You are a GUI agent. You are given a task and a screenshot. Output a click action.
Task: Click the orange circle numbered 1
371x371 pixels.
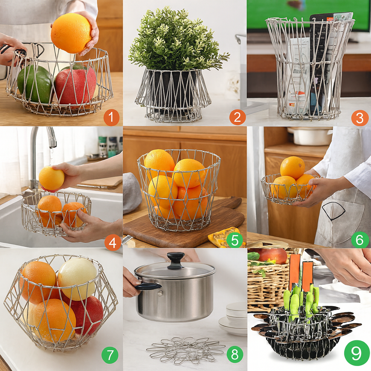pos(111,118)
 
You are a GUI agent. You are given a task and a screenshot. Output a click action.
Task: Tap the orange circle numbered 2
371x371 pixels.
pos(237,118)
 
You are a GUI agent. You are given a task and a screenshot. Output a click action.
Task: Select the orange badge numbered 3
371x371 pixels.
pos(360,118)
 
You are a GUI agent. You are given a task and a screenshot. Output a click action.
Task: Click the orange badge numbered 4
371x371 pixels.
pos(113,243)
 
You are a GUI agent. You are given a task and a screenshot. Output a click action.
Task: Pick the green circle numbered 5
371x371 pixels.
pos(235,240)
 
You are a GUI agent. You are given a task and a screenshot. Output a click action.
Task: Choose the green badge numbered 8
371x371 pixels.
pos(235,355)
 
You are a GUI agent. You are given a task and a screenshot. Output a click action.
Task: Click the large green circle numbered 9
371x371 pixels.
pos(357,353)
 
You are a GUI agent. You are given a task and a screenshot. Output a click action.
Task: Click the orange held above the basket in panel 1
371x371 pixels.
pos(71,33)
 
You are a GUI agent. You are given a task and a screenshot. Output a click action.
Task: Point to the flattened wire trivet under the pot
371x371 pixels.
pos(185,350)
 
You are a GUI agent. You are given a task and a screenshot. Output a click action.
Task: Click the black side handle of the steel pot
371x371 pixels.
pos(148,286)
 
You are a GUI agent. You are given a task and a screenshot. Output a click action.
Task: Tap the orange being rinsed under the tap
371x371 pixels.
pos(51,178)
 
